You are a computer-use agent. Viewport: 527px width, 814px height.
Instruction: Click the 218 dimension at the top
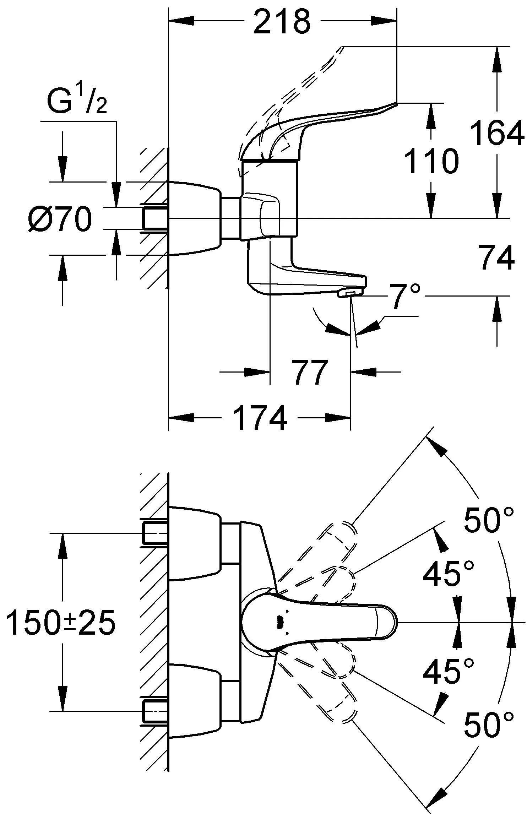coord(282,22)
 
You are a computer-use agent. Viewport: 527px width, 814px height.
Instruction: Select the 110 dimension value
coord(431,161)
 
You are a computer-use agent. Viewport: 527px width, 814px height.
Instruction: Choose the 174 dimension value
coord(260,418)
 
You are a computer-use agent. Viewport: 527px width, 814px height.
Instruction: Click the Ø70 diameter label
coord(60,220)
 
